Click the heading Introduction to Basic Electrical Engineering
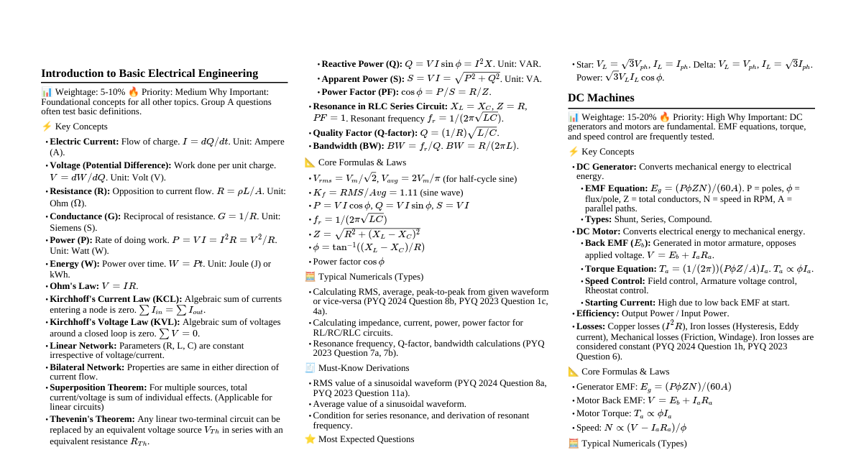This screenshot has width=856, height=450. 149,73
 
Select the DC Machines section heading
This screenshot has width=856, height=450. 601,98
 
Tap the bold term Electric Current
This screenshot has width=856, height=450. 83,142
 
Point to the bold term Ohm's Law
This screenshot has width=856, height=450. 74,285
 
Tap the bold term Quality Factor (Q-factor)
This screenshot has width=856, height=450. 365,133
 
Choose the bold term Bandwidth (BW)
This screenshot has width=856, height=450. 349,145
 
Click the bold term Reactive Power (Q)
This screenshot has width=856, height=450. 362,64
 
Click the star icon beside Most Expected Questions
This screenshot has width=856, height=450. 310,438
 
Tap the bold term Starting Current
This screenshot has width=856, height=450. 620,303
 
